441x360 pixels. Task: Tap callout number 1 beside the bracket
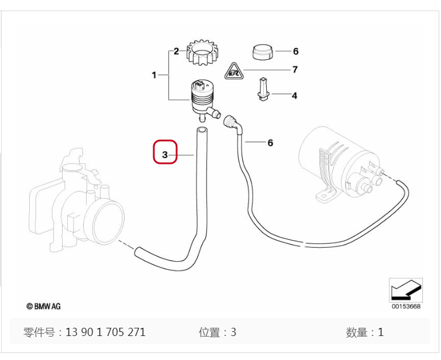(x=154, y=75)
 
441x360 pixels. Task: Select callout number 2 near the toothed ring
(x=175, y=52)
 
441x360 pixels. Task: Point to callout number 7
(x=295, y=70)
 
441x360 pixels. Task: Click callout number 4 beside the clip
(x=294, y=95)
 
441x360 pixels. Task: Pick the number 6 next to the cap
(x=295, y=52)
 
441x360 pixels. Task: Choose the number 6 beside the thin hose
(x=270, y=143)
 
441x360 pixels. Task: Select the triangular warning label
(x=234, y=73)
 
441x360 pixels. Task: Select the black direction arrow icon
(x=405, y=289)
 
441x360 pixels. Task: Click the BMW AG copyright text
(x=43, y=306)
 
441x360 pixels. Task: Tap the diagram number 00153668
(x=406, y=306)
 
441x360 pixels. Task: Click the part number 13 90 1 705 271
(x=105, y=332)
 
